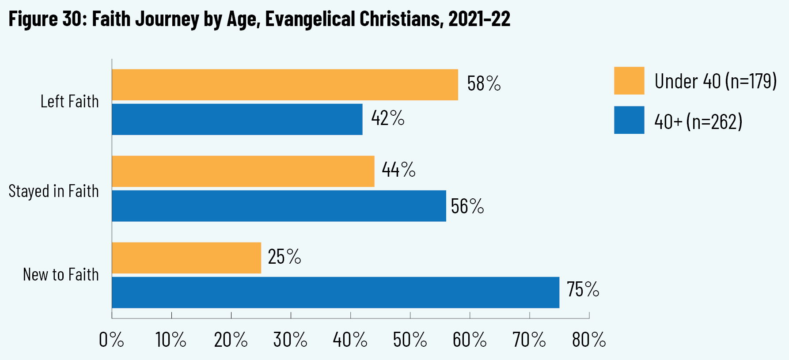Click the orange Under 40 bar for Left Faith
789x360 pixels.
pos(285,85)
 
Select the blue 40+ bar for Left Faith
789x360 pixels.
pos(237,119)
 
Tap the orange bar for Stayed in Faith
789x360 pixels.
pos(243,171)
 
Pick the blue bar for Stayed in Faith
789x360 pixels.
pos(279,206)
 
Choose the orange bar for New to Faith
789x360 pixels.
pos(186,258)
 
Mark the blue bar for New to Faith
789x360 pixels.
pos(335,292)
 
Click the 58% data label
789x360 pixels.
pos(484,83)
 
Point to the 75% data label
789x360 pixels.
pos(583,289)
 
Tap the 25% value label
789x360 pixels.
pos(284,257)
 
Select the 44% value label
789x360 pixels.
pos(398,170)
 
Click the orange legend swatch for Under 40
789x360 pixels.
pos(629,81)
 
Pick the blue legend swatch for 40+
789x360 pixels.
pos(629,120)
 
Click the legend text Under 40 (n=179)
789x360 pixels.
pos(715,81)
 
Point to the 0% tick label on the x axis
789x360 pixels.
pos(111,340)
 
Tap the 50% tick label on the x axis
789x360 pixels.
pos(410,340)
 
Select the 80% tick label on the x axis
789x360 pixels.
pos(589,340)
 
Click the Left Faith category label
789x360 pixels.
pos(69,102)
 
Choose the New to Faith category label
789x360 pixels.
pos(61,275)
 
